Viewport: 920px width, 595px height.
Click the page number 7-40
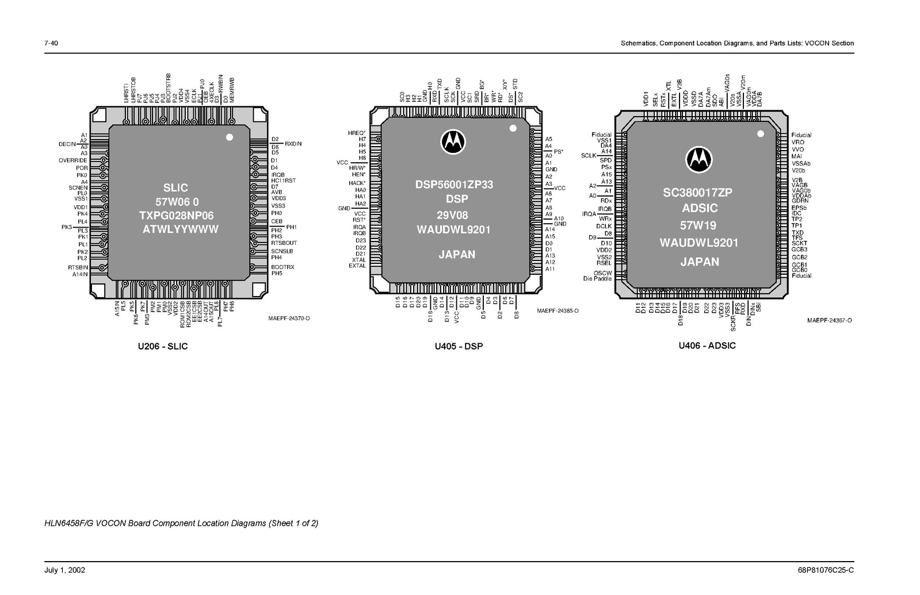[x=51, y=43]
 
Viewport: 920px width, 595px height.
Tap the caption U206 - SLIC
[x=162, y=346]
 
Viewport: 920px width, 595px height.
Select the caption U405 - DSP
[x=459, y=346]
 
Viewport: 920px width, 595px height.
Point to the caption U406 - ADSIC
[x=707, y=346]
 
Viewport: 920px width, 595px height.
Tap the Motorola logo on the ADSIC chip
[x=698, y=159]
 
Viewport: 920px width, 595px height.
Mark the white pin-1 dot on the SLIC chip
[x=229, y=137]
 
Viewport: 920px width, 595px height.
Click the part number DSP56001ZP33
[x=454, y=185]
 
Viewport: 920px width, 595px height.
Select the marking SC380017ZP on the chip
[x=697, y=193]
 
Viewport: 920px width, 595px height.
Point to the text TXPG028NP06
[x=176, y=216]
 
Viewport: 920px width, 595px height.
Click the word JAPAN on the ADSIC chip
[x=700, y=262]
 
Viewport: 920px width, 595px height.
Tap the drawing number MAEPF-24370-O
[x=289, y=318]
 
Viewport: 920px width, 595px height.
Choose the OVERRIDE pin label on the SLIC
[x=73, y=160]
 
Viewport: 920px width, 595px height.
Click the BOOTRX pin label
[x=283, y=267]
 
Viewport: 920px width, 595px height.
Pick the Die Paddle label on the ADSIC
[x=597, y=279]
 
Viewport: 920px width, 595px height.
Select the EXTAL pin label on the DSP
[x=357, y=266]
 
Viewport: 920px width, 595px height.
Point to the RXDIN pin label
[x=293, y=144]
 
